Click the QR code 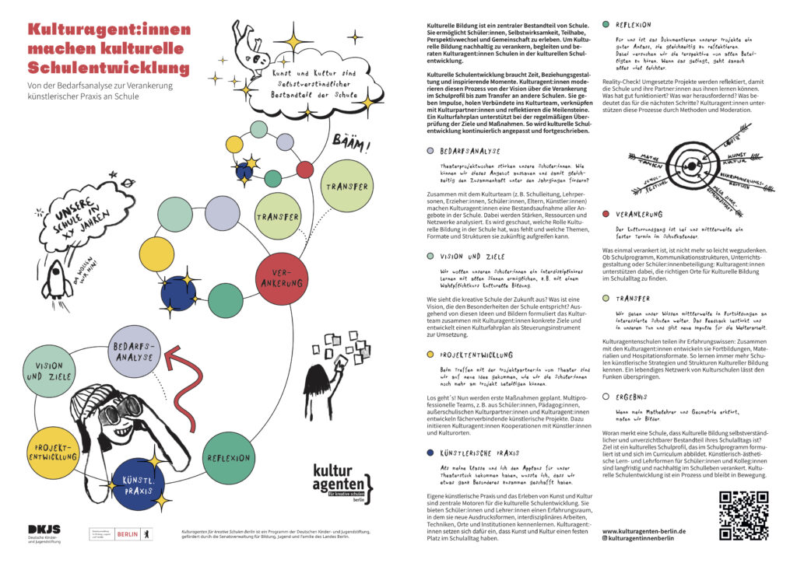tap(743, 515)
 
